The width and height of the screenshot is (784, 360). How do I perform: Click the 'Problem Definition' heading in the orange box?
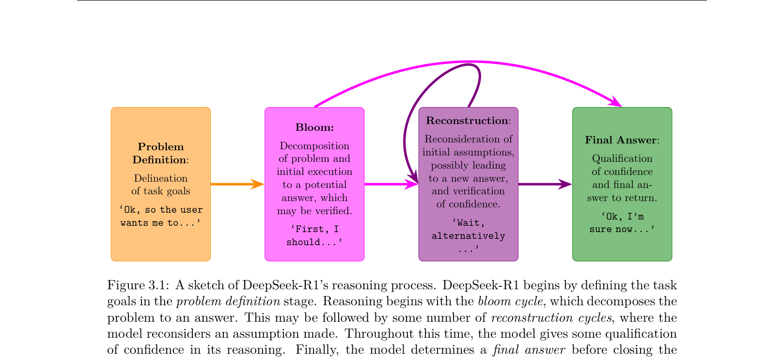pyautogui.click(x=160, y=153)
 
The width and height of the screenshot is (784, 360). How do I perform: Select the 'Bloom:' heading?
pyautogui.click(x=314, y=127)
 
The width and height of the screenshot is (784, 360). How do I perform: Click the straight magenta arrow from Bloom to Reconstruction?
pyautogui.click(x=390, y=184)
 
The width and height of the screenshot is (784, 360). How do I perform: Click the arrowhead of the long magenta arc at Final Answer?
pyautogui.click(x=617, y=102)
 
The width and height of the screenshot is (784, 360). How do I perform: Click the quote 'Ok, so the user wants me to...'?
pyautogui.click(x=161, y=216)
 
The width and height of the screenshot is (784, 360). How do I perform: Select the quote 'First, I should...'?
pyautogui.click(x=314, y=235)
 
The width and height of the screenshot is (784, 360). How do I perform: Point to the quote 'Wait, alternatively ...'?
pyautogui.click(x=468, y=236)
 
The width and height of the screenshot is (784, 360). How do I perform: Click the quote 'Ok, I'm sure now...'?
pyautogui.click(x=622, y=223)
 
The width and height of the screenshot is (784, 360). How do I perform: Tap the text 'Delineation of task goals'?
pyautogui.click(x=160, y=185)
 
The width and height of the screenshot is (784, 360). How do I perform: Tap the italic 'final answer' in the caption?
pyautogui.click(x=529, y=350)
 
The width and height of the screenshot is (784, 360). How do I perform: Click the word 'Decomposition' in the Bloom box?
pyautogui.click(x=314, y=146)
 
